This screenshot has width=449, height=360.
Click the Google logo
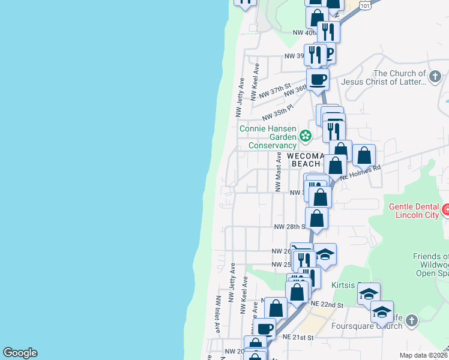pos(20,353)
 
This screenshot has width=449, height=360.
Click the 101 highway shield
pos(366,5)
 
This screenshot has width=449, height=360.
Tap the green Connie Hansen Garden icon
pos(306,136)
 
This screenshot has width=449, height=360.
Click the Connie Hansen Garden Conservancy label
pos(268,137)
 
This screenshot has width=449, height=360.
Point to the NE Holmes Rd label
pos(361,172)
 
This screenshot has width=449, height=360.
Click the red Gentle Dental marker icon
pos(445,211)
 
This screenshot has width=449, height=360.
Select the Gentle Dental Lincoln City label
pos(415,211)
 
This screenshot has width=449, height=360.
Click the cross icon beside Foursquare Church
pos(411,321)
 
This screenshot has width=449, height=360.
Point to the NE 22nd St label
pos(327,305)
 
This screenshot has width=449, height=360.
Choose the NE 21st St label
pos(298,338)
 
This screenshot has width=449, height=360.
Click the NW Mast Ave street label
pos(279,172)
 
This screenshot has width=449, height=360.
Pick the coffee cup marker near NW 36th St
pos(318,79)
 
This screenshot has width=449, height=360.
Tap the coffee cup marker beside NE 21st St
pos(265,328)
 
